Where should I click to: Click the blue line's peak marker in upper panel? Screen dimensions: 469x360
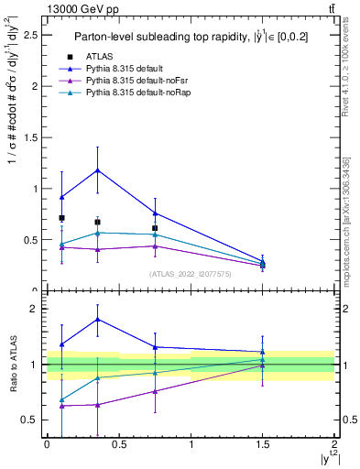tap(97, 170)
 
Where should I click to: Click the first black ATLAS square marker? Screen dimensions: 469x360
tap(61, 218)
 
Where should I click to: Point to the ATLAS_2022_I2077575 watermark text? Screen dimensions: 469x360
tap(191, 273)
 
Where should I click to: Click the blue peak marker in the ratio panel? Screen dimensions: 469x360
tap(97, 319)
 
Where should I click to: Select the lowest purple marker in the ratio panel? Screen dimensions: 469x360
tap(61, 406)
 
